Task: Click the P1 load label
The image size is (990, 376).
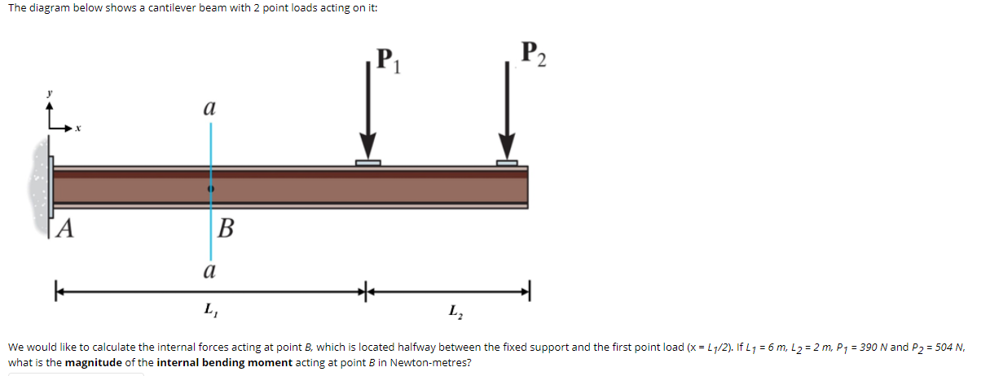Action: point(386,62)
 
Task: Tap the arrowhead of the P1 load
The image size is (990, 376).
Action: point(368,149)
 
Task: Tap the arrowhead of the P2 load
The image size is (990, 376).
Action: point(508,149)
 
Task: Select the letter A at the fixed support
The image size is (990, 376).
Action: point(65,229)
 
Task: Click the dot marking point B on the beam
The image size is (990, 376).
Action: point(211,188)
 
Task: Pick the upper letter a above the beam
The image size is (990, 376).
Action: point(209,107)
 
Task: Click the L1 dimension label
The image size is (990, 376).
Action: point(209,309)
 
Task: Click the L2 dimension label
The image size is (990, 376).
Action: point(453,310)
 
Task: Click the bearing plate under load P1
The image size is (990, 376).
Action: point(368,163)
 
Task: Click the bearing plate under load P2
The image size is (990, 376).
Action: point(508,163)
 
